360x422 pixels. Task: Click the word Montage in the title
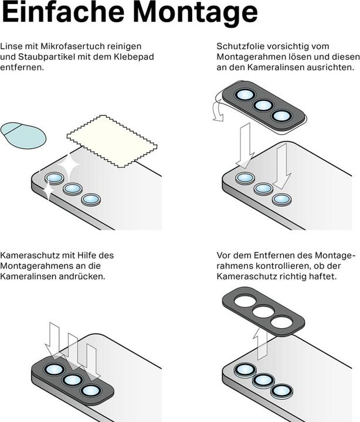click(195, 13)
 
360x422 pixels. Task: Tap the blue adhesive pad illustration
click(23, 135)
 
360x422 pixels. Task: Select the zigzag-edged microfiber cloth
click(112, 141)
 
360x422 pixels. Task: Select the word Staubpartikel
click(44, 57)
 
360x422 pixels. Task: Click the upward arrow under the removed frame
click(260, 343)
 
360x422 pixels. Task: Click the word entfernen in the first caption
click(22, 67)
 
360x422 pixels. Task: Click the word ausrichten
click(330, 67)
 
